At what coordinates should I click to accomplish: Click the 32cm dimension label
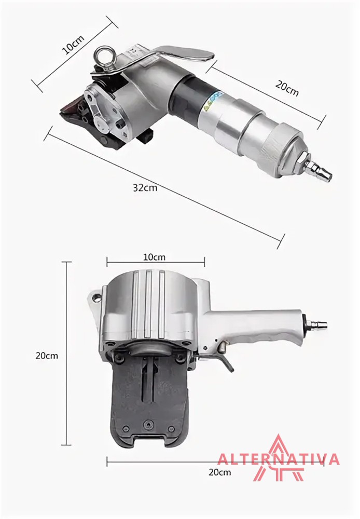(145, 188)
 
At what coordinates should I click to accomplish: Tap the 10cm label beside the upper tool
(74, 44)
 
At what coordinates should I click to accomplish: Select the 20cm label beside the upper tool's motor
(287, 88)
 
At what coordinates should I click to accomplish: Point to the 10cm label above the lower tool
(154, 257)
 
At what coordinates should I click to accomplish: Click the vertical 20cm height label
(47, 356)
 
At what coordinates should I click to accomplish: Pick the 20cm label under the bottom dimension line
(220, 472)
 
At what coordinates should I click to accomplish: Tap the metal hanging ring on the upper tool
(105, 57)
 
